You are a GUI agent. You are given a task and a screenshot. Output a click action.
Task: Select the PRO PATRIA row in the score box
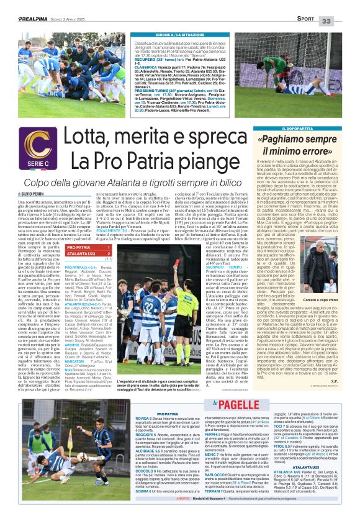tap(84, 247)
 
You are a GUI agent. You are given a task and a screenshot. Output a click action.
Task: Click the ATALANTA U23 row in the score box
tap(84, 253)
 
